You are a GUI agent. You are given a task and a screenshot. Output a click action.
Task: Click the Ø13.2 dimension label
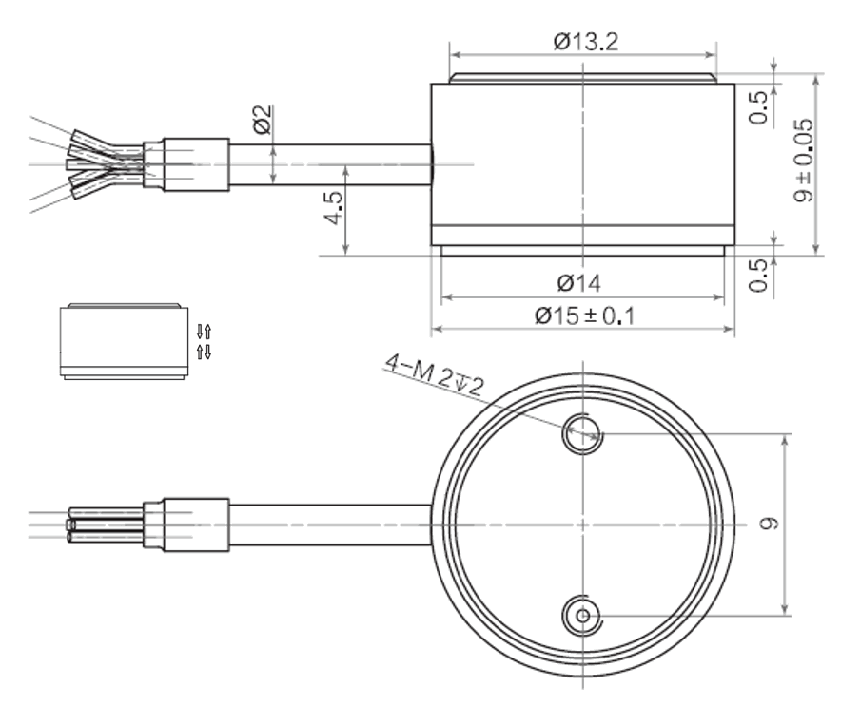tap(580, 41)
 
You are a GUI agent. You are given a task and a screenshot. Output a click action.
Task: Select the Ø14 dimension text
tap(580, 283)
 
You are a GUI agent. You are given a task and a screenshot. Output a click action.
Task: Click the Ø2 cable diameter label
tap(263, 120)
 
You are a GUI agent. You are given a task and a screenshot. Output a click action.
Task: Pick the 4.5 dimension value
tap(331, 205)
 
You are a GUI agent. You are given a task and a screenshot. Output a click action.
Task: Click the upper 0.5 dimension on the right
tap(758, 106)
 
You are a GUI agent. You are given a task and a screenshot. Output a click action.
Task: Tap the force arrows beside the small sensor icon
tap(202, 341)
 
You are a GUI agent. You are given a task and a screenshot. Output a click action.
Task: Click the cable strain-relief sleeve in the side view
tap(195, 164)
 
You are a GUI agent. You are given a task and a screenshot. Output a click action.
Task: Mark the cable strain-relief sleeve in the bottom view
tap(195, 524)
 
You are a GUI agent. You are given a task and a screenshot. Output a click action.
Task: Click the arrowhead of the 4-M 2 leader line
tap(597, 437)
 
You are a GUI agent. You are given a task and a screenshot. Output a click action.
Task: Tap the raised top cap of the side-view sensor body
tap(580, 79)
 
